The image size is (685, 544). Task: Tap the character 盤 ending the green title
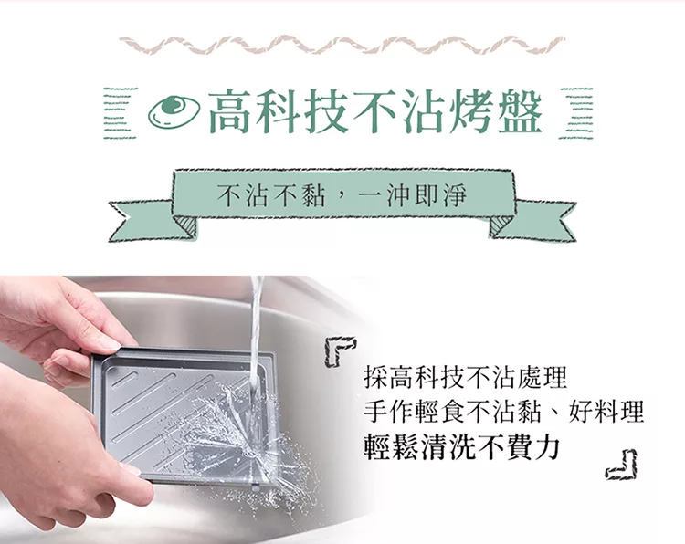coord(521,111)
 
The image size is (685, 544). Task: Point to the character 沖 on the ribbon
coord(400,195)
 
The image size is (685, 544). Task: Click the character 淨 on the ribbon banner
coord(453,195)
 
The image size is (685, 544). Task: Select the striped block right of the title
coord(576,113)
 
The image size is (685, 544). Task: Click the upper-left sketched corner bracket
coord(339,350)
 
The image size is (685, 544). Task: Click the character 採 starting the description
coord(375,378)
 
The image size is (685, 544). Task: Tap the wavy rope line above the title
coord(342,45)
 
